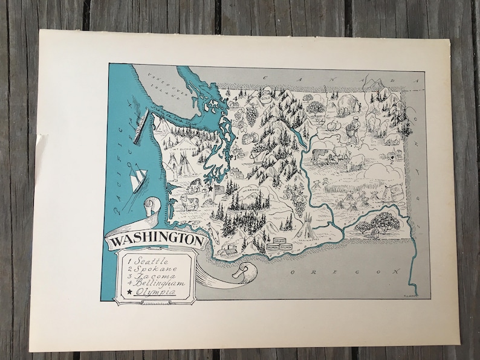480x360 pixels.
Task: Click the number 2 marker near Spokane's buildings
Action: [392, 161]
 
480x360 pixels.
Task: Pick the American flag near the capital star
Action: [219, 190]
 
